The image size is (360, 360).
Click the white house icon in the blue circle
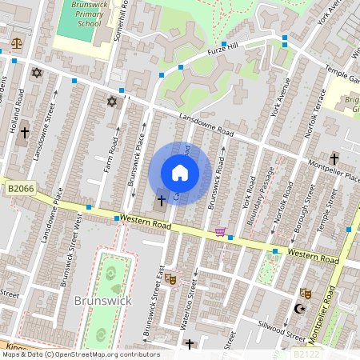click(180, 173)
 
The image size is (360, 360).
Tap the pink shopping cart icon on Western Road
click(219, 232)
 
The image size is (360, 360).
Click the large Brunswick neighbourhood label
click(102, 301)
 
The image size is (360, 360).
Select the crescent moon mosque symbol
click(301, 308)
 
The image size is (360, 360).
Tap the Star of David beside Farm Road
click(112, 102)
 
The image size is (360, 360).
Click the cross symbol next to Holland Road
click(25, 132)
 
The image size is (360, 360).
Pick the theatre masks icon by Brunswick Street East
click(170, 280)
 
